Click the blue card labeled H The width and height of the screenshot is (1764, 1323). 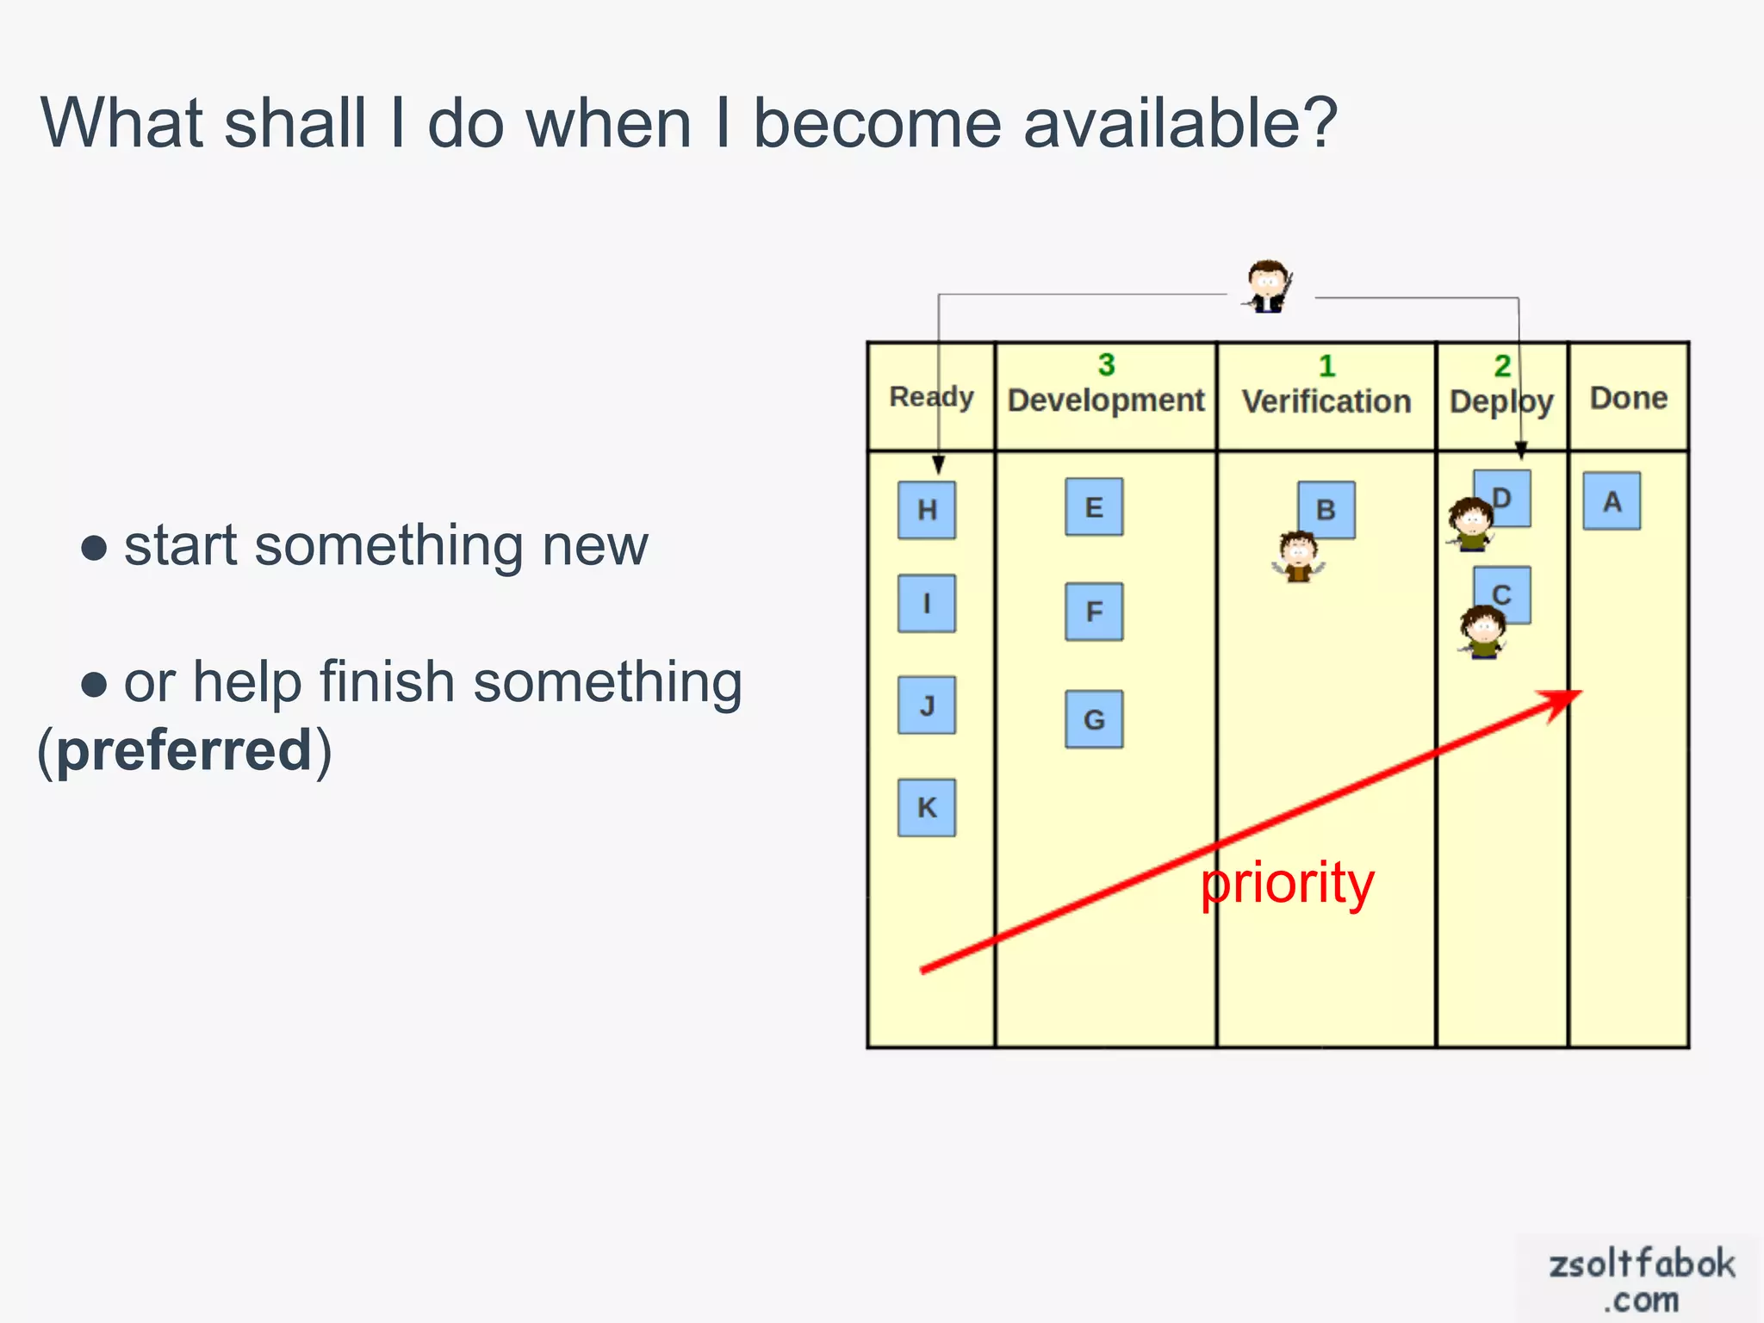pyautogui.click(x=927, y=510)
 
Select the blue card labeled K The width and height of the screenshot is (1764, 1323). pyautogui.click(x=927, y=808)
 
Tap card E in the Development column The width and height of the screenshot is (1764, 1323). pyautogui.click(x=1094, y=507)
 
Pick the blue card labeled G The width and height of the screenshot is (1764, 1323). pyautogui.click(x=1094, y=719)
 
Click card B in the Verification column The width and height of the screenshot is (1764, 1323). pyautogui.click(x=1327, y=509)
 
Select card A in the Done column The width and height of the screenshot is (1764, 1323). pyautogui.click(x=1612, y=501)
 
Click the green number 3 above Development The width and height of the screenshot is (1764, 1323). pyautogui.click(x=1106, y=365)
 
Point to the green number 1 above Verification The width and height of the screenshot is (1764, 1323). pyautogui.click(x=1326, y=367)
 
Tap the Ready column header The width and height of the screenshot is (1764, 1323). pyautogui.click(x=930, y=397)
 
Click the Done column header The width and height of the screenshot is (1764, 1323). pyautogui.click(x=1628, y=398)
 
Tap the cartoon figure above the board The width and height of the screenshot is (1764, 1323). pyautogui.click(x=1269, y=286)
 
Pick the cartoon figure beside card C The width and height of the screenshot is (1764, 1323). pyautogui.click(x=1483, y=631)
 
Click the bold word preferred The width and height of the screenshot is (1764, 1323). pyautogui.click(x=183, y=750)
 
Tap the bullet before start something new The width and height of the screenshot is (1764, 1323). pyautogui.click(x=94, y=548)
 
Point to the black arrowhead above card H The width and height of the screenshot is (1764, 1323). pyautogui.click(x=939, y=466)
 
